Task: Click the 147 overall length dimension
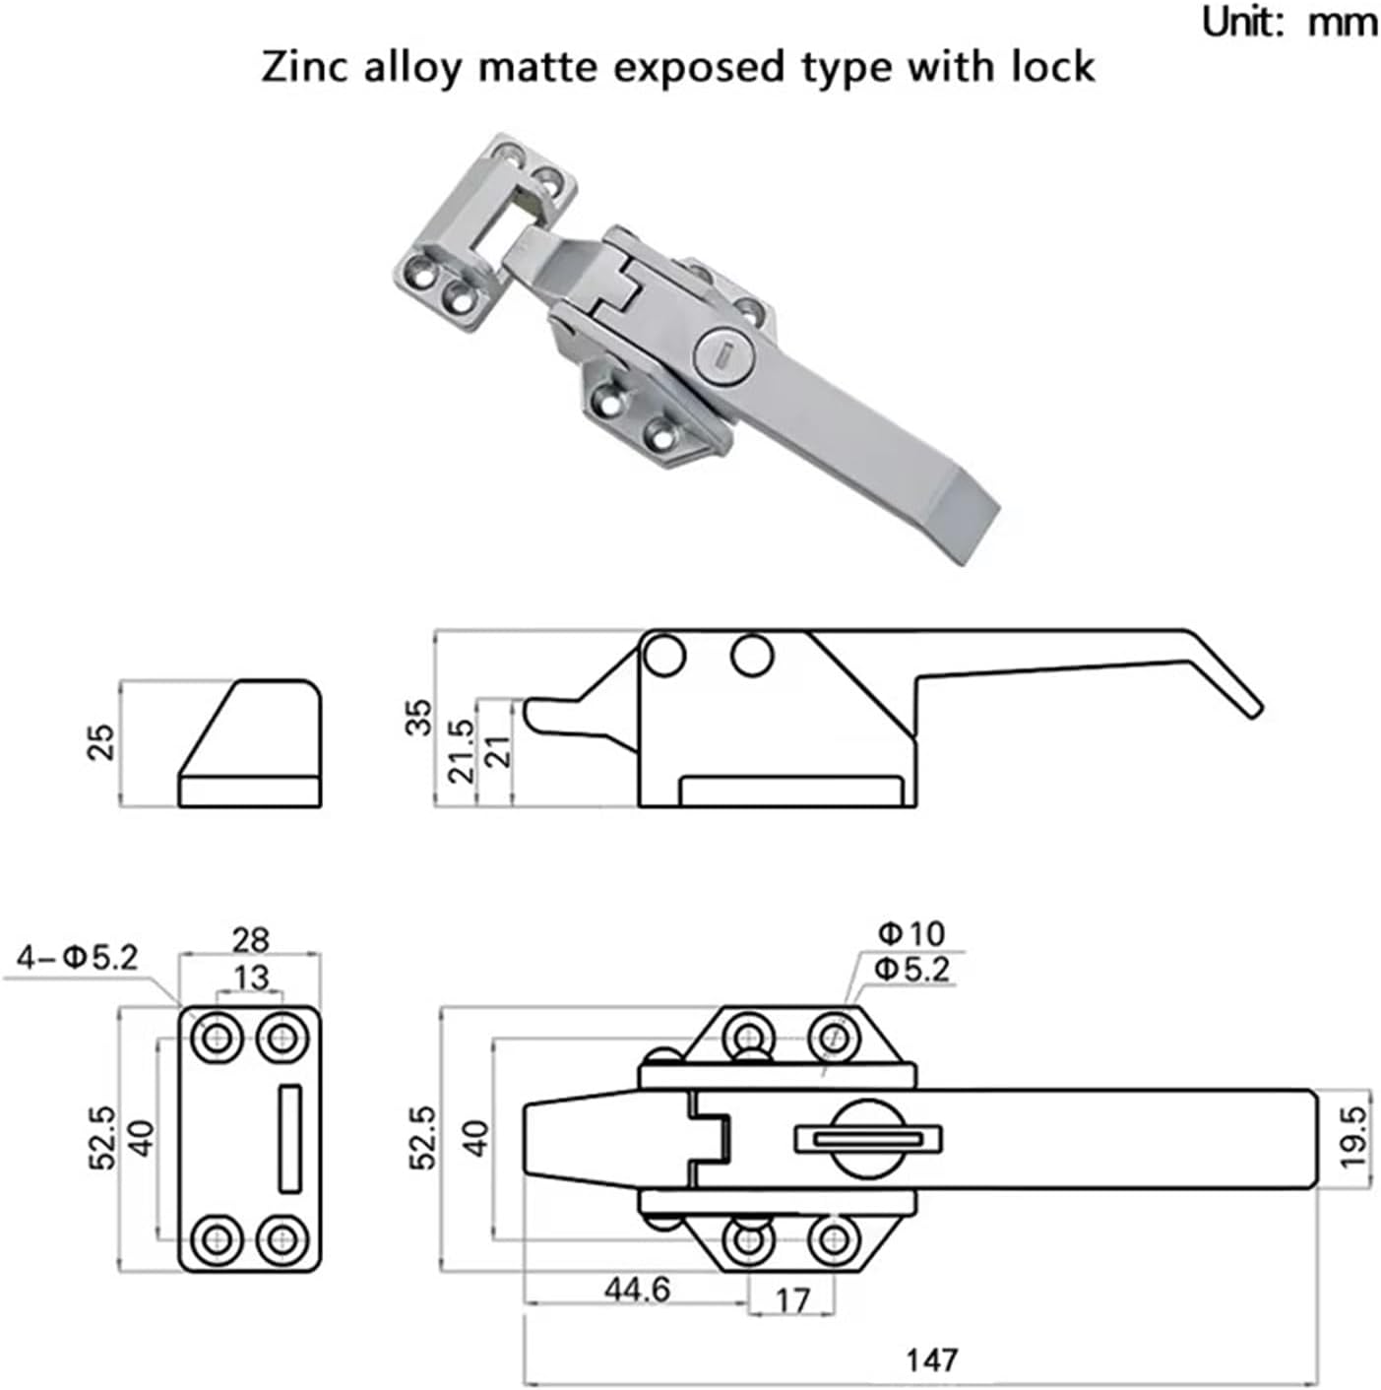tap(930, 1358)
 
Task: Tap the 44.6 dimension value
tap(638, 1289)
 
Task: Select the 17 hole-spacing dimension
tap(791, 1300)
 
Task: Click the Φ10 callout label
tap(910, 933)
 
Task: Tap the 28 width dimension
tap(250, 939)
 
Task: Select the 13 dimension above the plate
tap(250, 978)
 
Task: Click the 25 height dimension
tap(103, 741)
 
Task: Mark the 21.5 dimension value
tap(462, 750)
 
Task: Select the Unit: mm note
tap(1288, 22)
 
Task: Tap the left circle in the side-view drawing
tap(662, 654)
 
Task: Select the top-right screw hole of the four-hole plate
tap(282, 1038)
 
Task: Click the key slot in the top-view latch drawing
tap(867, 1139)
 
